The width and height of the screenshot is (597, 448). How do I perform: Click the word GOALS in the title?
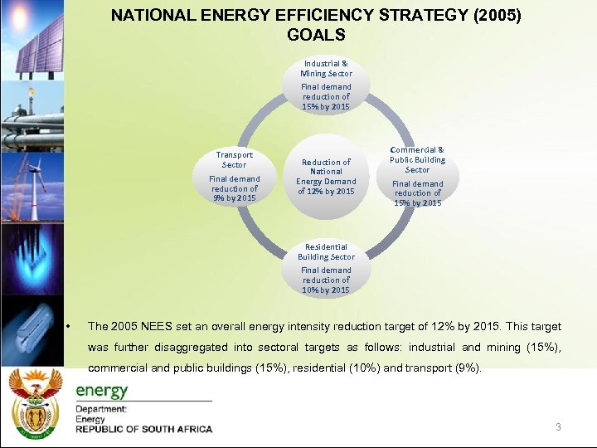[316, 35]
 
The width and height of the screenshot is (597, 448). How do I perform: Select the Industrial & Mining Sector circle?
[326, 85]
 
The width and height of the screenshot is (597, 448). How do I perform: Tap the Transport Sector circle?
[235, 177]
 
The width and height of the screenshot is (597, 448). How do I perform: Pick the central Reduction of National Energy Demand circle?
[326, 177]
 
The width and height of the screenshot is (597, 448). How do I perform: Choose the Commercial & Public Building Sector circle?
[417, 177]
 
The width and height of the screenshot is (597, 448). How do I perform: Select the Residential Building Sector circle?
[326, 268]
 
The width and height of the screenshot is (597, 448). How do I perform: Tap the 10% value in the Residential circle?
[312, 290]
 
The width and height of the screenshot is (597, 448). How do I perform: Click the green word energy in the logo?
[102, 391]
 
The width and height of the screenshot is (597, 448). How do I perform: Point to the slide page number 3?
[558, 427]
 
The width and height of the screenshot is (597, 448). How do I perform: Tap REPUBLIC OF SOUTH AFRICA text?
[143, 429]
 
